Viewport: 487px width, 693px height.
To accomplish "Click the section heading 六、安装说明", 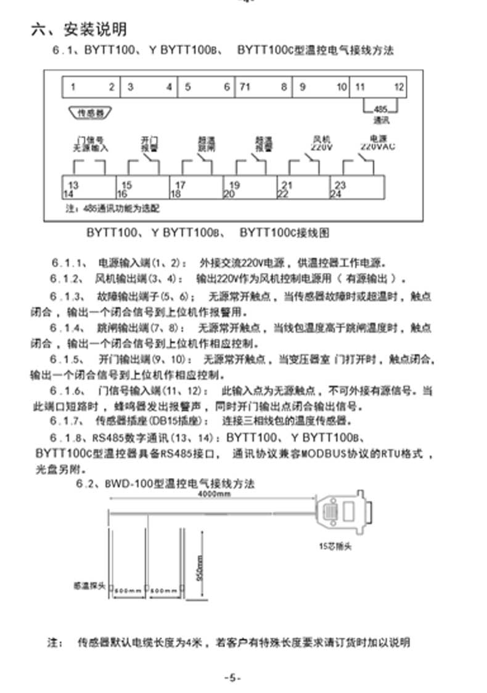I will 79,29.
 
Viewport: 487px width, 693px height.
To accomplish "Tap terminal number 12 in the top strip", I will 399,87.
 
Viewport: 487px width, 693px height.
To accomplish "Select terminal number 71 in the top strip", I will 244,87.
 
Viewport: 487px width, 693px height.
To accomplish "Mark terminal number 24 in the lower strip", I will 336,194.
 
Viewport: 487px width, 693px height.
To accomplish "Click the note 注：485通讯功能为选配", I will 113,209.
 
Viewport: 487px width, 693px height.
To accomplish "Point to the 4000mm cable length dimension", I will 214,495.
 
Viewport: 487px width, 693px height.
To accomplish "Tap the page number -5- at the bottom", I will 232,677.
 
